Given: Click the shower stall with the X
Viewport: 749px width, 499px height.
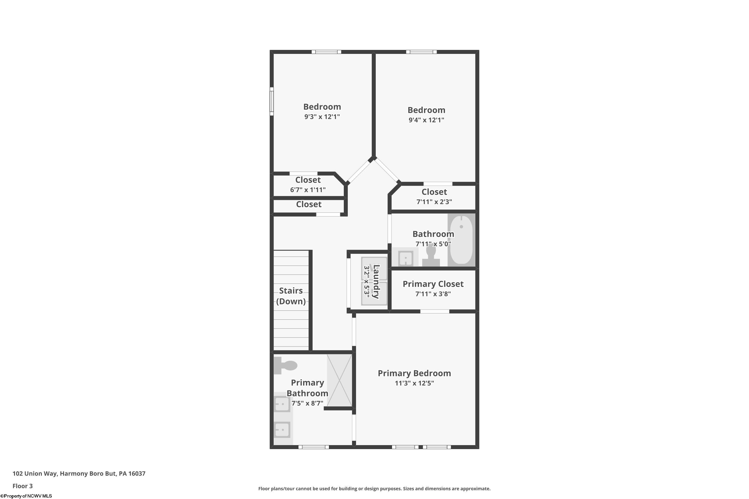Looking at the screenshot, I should (340, 380).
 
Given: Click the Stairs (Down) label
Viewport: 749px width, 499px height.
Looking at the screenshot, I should (291, 296).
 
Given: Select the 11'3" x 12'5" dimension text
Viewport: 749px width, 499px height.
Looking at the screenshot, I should (414, 383).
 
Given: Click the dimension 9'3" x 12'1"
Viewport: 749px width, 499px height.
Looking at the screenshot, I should (322, 117).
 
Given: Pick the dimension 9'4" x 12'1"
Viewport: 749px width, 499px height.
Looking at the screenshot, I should (426, 120).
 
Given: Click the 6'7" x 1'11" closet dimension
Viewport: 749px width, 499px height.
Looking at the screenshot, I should (308, 190).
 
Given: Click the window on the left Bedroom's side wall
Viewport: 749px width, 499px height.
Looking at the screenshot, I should (272, 101).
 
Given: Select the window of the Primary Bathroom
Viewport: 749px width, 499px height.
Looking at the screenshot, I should (313, 447).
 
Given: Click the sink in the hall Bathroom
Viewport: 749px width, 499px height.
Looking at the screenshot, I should (406, 258).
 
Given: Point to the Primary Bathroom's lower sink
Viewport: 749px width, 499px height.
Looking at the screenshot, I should (282, 430).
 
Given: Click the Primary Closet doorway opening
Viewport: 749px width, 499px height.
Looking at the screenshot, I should (435, 311).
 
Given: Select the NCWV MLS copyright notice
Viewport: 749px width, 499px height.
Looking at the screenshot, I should (26, 496).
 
